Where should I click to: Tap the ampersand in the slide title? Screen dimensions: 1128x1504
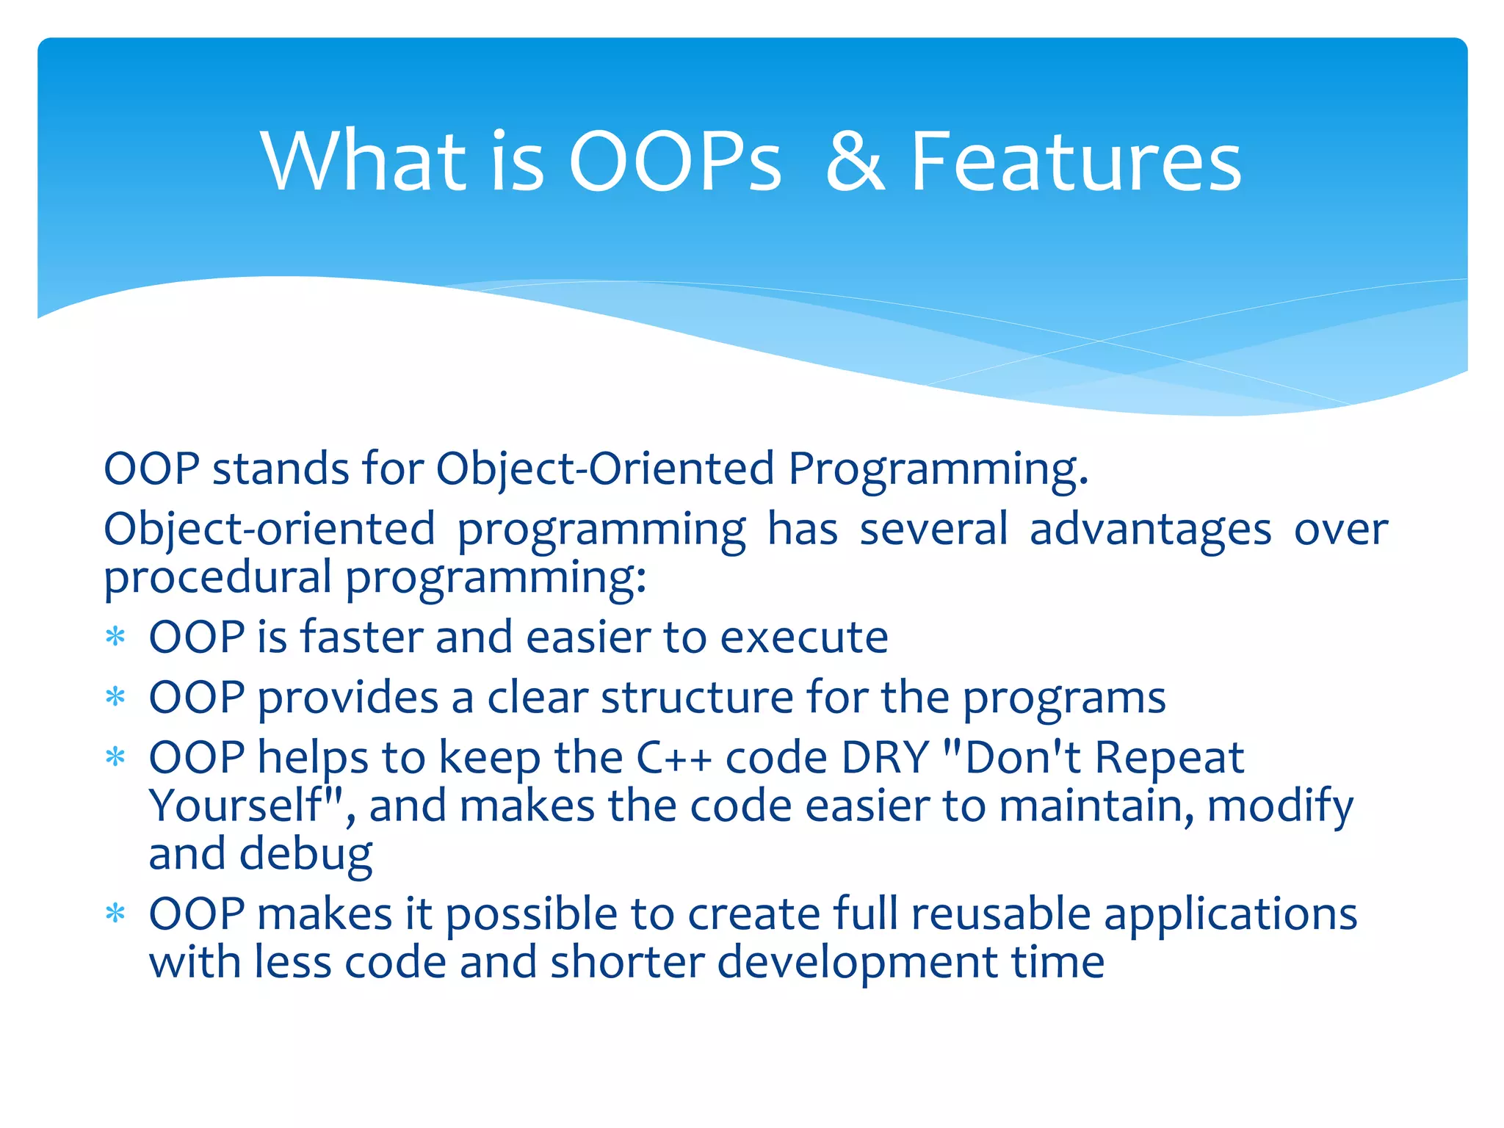tap(856, 163)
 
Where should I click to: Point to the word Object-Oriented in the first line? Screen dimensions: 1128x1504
tap(605, 469)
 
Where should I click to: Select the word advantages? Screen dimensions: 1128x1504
tap(1150, 530)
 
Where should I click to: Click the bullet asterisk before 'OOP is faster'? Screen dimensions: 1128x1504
tap(115, 637)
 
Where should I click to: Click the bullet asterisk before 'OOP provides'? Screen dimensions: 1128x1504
tap(115, 697)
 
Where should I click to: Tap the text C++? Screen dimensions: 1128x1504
tap(674, 758)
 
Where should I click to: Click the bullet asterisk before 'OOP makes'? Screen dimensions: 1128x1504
tap(115, 914)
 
